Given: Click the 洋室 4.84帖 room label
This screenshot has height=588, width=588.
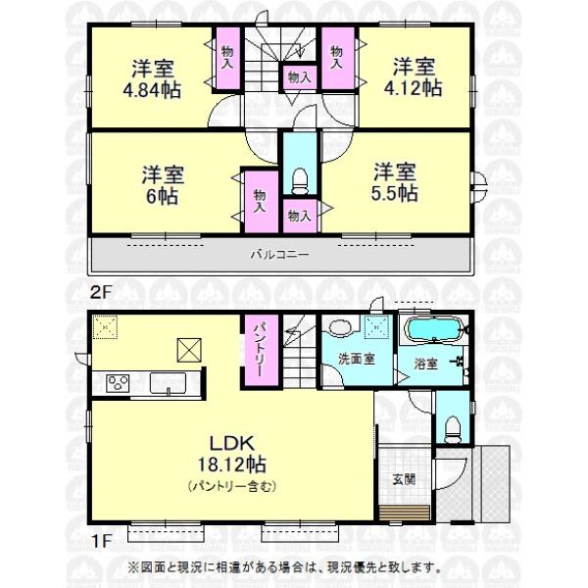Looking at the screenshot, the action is pos(152,78).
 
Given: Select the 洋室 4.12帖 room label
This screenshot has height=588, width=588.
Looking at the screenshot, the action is pos(414,76).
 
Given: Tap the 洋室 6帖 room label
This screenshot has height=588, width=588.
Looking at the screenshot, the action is pos(163,185).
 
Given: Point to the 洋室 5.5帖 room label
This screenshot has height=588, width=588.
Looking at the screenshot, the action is pos(395,182).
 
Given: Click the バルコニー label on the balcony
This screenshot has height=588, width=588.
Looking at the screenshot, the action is pos(279,255).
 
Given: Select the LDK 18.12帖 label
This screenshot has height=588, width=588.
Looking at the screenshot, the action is pos(231,454).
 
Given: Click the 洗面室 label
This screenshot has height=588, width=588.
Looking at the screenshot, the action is pos(357,360).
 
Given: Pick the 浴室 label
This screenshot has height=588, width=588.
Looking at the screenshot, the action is pos(425,364).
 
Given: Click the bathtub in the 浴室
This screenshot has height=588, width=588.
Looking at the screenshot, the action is pos(434,329).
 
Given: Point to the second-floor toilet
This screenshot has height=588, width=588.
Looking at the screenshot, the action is pos(300,181).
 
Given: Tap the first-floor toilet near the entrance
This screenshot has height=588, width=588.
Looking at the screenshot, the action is pos(452,429).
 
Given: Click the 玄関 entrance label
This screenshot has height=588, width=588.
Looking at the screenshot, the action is pos(404,479).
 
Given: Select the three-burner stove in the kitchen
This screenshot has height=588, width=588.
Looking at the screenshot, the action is pos(118,383).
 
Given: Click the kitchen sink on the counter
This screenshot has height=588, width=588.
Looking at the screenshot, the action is pos(168,383).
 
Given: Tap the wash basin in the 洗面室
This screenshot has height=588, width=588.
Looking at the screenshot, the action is pos(341,327).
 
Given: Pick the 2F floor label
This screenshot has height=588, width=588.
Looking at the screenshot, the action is pos(101,292).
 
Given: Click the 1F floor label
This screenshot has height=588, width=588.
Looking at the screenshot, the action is pos(100,541).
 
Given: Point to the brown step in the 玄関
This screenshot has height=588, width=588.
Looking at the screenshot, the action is pos(404,513).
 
